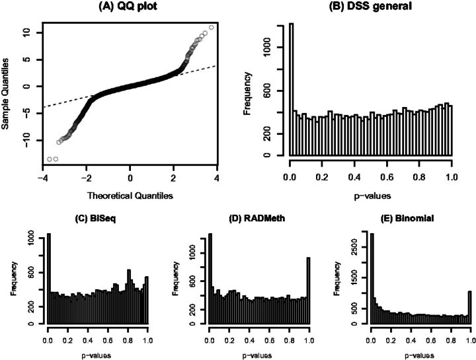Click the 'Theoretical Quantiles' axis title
(x=130, y=196)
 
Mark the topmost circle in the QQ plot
(x=212, y=28)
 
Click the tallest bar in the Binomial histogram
(x=372, y=279)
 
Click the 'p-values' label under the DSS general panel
(x=372, y=196)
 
